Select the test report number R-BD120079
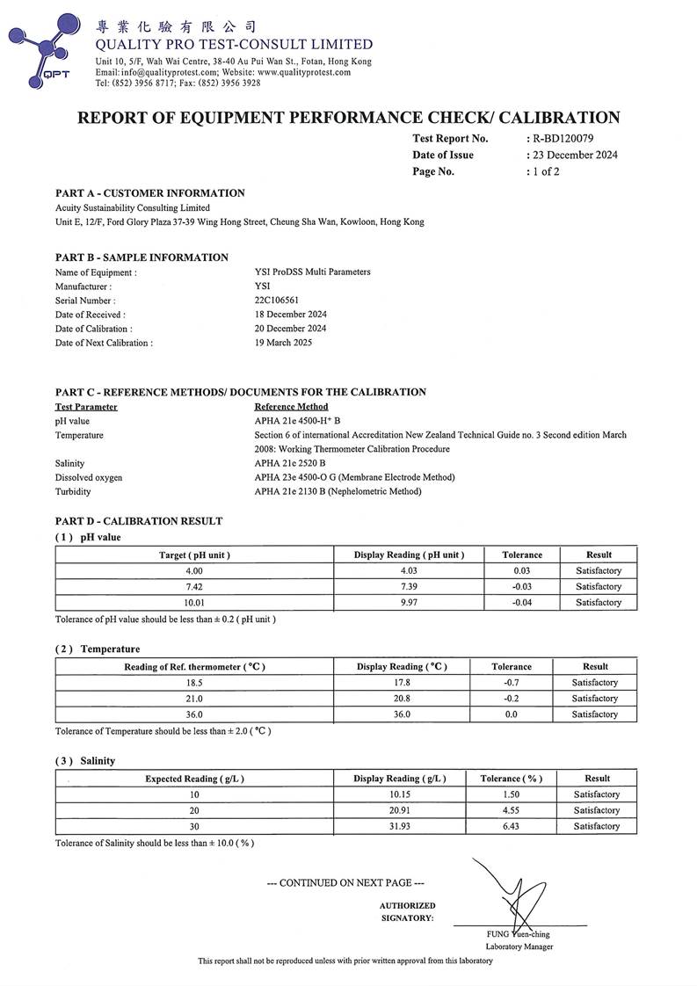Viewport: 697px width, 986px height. [563, 139]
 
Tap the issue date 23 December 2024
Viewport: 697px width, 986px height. [574, 156]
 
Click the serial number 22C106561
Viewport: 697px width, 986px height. [277, 301]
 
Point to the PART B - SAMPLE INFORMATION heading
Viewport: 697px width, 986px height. [142, 257]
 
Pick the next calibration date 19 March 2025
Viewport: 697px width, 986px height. [283, 343]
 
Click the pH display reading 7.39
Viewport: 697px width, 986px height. [409, 587]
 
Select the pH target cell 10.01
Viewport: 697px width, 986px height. [194, 603]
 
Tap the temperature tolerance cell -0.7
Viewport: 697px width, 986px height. [511, 683]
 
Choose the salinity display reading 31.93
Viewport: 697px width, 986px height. [400, 826]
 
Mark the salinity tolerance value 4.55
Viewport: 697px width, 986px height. [511, 810]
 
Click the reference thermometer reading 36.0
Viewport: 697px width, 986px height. [194, 714]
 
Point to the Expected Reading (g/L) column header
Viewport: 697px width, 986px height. [194, 779]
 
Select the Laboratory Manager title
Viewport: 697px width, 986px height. [519, 946]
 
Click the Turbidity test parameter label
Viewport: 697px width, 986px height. [73, 491]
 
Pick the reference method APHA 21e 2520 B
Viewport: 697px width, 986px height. [290, 463]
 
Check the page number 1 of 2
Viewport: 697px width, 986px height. [544, 171]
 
